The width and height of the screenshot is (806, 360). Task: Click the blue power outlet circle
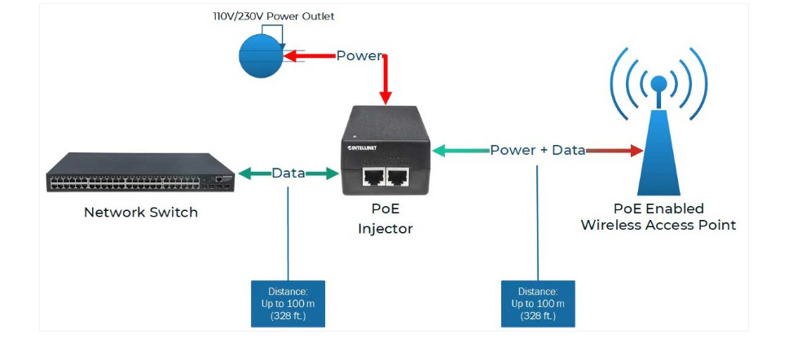260,56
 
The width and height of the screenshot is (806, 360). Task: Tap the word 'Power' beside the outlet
359,56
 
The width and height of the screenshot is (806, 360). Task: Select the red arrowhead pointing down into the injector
386,97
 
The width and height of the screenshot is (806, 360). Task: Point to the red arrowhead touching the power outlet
288,56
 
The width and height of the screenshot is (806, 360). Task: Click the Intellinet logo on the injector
362,149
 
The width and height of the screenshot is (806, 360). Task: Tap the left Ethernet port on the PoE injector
374,177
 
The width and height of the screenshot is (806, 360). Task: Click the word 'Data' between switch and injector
288,173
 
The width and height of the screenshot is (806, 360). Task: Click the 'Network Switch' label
141,213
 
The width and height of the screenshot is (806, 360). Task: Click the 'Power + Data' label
538,151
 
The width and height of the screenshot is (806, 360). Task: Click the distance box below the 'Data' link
288,304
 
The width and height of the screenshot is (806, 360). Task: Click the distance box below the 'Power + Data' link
538,304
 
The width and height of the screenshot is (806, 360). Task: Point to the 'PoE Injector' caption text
385,219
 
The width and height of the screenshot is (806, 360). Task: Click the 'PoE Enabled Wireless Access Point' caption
658,217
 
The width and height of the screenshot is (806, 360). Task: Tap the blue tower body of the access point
658,159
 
